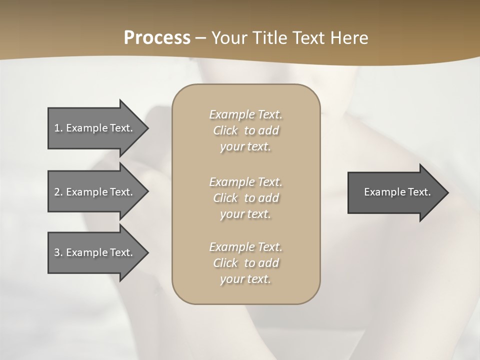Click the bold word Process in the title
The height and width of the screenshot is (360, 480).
(x=157, y=38)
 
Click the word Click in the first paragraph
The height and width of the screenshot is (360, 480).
(x=225, y=130)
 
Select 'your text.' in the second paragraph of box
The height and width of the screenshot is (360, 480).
(x=245, y=214)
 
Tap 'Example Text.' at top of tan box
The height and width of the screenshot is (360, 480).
(x=245, y=114)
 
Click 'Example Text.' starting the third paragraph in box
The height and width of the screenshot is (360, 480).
(x=245, y=247)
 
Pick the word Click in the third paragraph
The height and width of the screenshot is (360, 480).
(x=225, y=263)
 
